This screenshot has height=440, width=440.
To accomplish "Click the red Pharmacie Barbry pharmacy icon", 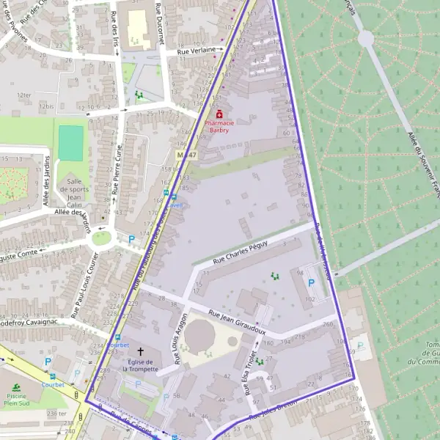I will (x=219, y=114).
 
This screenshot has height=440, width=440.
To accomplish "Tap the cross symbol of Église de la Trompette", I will (x=140, y=352).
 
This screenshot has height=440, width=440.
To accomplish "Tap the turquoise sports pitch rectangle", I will (x=71, y=143).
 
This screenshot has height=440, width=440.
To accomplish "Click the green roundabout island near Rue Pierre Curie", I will (x=101, y=237).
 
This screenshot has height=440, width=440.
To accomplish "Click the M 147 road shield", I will (x=187, y=155).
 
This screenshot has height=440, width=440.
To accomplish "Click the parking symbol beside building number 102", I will (x=311, y=283).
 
